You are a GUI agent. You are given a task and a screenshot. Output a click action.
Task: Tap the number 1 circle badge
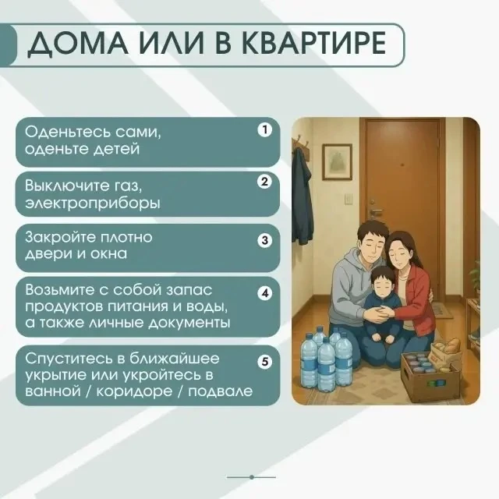click(x=265, y=130)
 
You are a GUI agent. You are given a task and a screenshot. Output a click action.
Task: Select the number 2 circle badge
click(x=265, y=182)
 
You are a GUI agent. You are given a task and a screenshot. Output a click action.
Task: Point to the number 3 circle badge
click(x=265, y=240)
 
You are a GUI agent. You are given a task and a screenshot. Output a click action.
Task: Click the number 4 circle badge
click(x=265, y=293)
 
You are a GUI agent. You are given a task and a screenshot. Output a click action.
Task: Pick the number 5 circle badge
click(x=265, y=362)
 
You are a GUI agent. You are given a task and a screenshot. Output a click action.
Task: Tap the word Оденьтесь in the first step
click(x=67, y=132)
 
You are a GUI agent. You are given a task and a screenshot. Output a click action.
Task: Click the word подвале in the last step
click(x=220, y=391)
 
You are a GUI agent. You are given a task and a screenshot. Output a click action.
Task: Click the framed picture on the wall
click(x=338, y=162)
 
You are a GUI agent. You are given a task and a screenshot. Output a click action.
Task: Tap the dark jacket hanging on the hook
click(x=303, y=196)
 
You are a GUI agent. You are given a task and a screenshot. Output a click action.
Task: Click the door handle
click(x=376, y=211)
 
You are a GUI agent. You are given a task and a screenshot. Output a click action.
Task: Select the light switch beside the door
click(x=349, y=199)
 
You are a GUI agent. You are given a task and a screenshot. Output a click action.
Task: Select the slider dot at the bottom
click(x=251, y=477)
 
